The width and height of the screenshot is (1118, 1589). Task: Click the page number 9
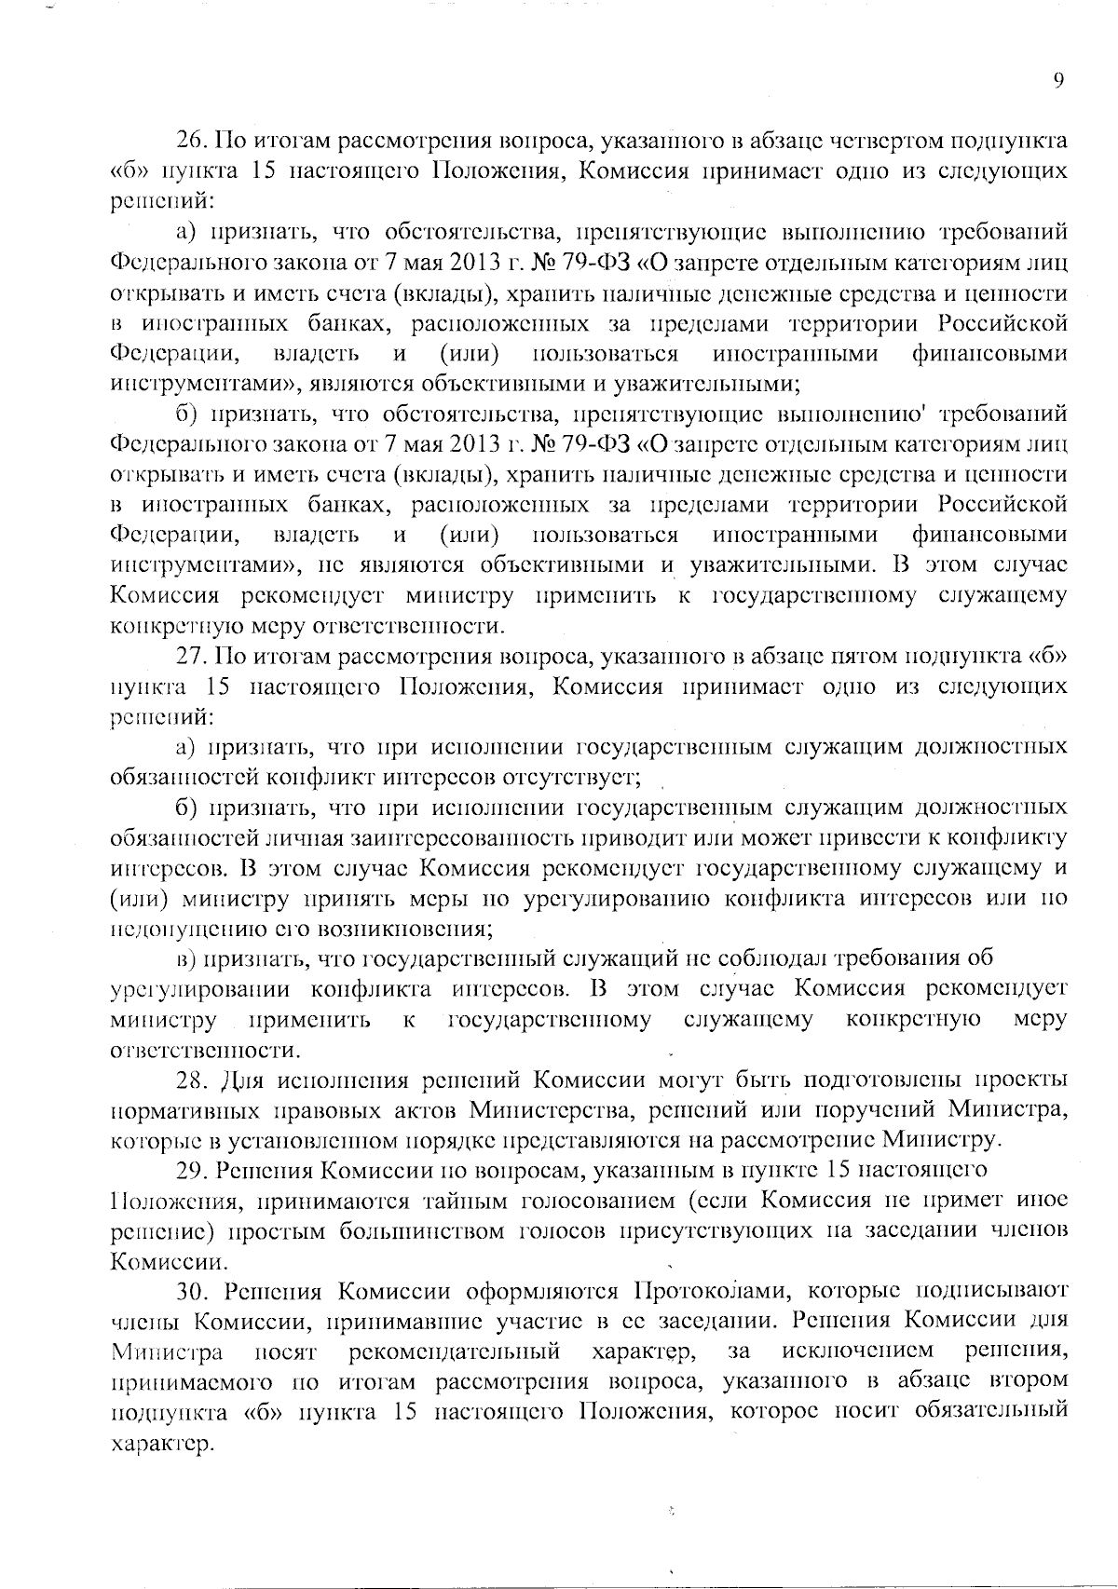coord(1057,81)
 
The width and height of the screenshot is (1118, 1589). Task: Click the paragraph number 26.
coord(191,142)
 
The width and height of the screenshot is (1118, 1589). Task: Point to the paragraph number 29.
coord(191,1170)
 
